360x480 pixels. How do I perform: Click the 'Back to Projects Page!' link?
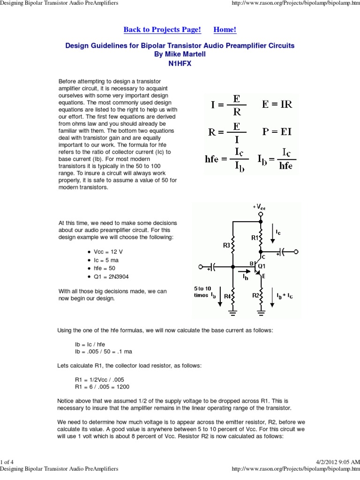click(x=162, y=30)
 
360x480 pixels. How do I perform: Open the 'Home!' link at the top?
click(x=225, y=30)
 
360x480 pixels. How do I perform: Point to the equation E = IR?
click(x=277, y=104)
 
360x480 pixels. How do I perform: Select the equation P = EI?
click(x=277, y=132)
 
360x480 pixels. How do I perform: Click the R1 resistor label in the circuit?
click(x=255, y=238)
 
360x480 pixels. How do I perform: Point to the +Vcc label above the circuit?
click(x=259, y=207)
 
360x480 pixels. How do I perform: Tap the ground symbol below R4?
click(x=233, y=310)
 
